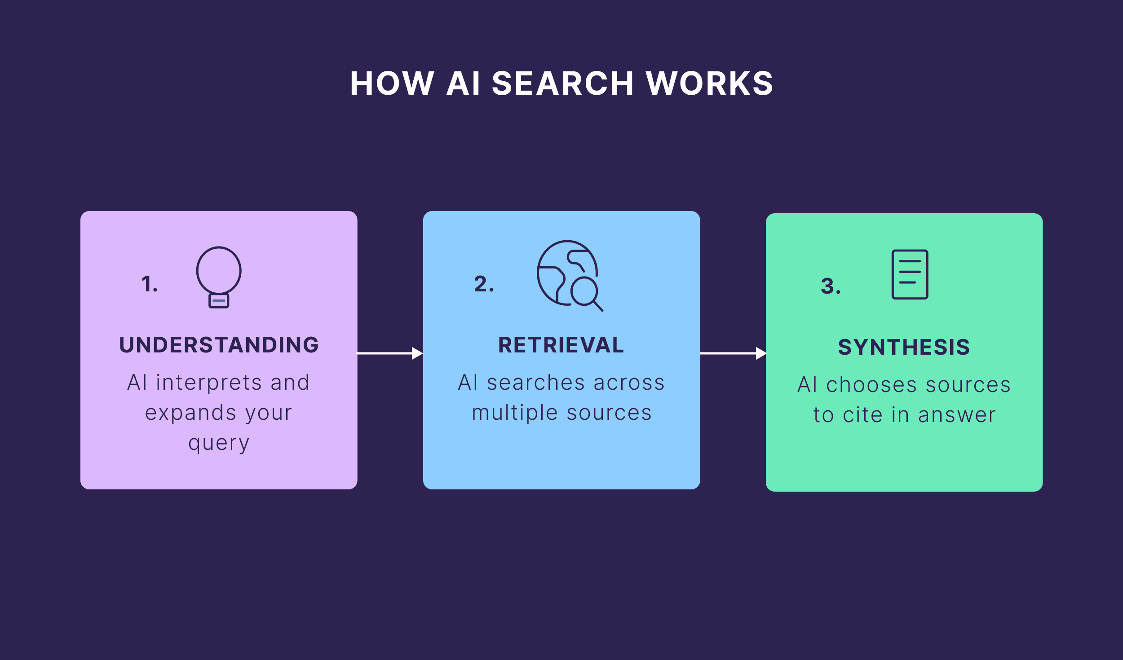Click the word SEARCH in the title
(562, 84)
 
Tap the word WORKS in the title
(709, 84)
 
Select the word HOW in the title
(392, 84)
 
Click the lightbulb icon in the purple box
(219, 277)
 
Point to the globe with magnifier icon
(569, 275)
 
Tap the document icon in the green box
(910, 274)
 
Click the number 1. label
(150, 284)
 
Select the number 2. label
(484, 284)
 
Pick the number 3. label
(831, 286)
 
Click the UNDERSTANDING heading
(219, 345)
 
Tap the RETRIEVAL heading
(561, 345)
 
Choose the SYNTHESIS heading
(904, 347)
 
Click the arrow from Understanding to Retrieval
(389, 353)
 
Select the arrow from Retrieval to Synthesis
(733, 353)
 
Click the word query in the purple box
(219, 444)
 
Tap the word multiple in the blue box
(515, 413)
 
